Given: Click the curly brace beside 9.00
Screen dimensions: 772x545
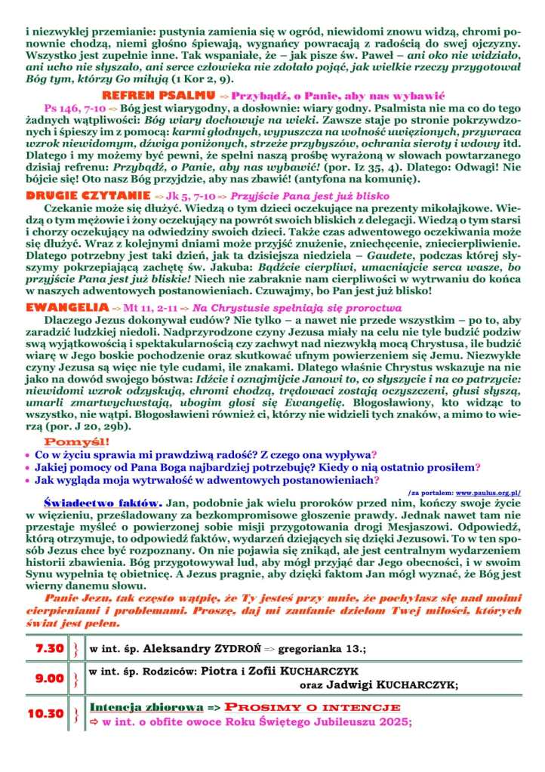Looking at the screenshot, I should (74, 678).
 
